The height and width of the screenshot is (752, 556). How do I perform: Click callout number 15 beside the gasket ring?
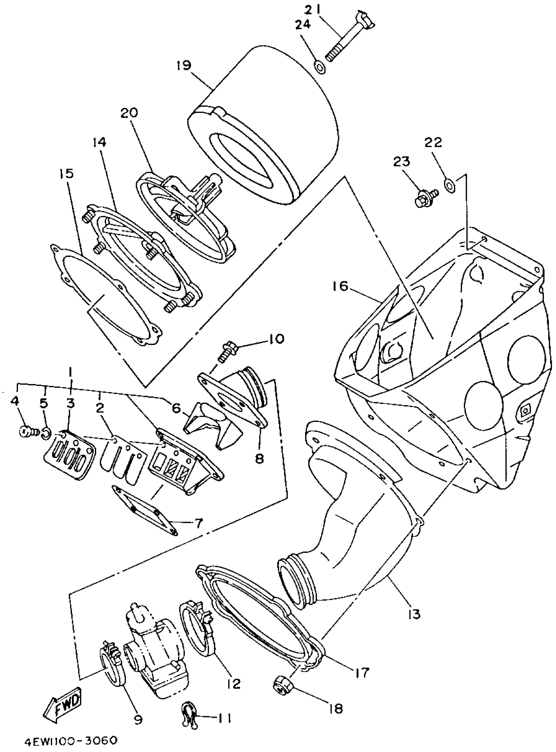(x=67, y=174)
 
